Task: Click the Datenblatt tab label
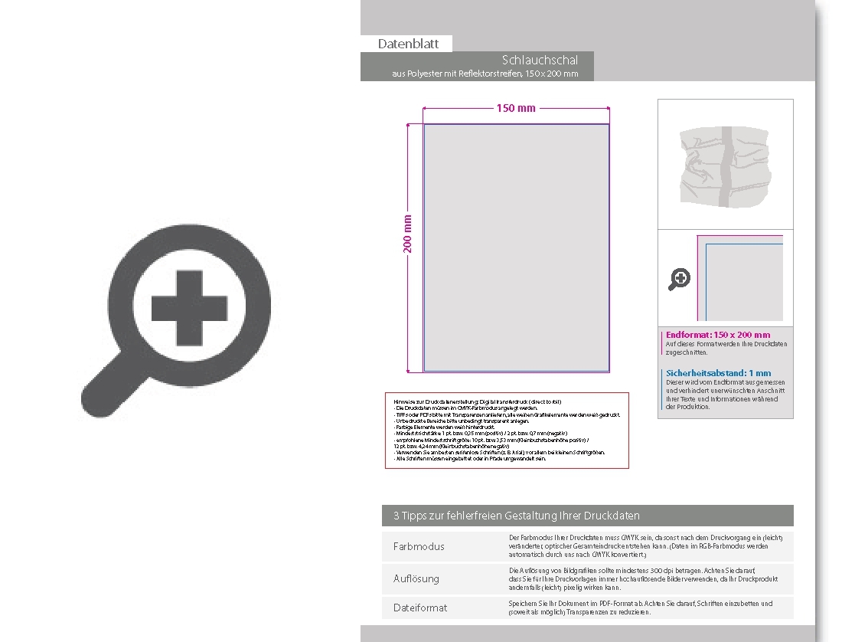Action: point(408,44)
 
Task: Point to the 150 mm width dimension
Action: point(516,108)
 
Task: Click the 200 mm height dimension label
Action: point(408,234)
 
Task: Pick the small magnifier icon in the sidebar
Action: point(679,280)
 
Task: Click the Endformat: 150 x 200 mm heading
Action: point(718,335)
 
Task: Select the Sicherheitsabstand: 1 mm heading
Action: point(719,373)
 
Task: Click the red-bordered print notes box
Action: point(507,430)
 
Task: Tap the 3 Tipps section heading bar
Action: point(588,516)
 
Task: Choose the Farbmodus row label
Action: point(419,547)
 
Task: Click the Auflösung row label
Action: point(416,579)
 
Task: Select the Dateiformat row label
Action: point(420,608)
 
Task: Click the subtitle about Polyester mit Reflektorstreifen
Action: point(485,74)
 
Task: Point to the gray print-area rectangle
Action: point(517,247)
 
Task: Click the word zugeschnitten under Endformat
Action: point(687,352)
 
